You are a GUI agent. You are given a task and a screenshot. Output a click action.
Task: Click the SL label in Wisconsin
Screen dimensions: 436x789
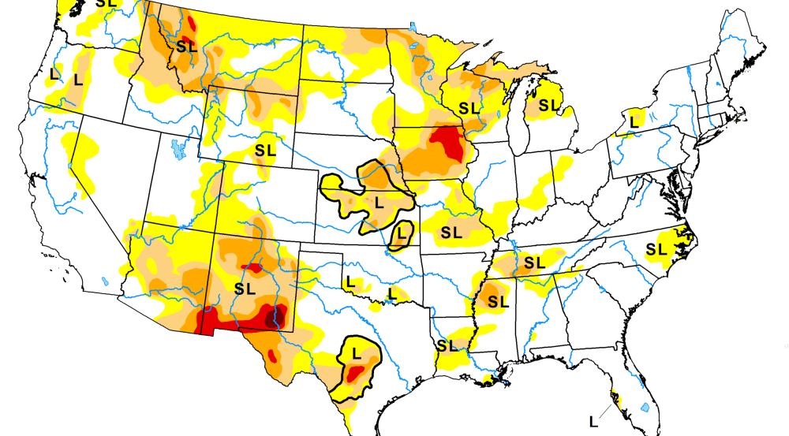tap(469, 108)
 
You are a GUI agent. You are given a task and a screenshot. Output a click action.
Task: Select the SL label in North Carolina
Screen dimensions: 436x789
tap(656, 250)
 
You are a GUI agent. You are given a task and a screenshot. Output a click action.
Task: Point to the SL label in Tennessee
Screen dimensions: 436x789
tap(534, 262)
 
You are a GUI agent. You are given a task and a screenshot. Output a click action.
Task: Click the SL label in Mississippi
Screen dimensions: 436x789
tap(497, 300)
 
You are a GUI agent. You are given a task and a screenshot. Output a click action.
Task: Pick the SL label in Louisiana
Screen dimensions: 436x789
tap(447, 345)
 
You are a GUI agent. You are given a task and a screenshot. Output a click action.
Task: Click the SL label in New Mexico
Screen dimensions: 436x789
tap(245, 289)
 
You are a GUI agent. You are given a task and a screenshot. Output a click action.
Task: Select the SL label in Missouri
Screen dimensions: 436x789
tap(451, 233)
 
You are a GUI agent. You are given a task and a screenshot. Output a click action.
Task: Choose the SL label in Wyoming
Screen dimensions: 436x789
tap(266, 150)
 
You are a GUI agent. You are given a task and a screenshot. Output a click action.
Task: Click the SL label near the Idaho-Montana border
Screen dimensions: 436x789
tap(187, 47)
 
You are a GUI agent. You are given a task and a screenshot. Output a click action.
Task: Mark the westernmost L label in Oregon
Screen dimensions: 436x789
tap(54, 73)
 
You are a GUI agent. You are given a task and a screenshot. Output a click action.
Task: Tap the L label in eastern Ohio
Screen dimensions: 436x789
tap(634, 121)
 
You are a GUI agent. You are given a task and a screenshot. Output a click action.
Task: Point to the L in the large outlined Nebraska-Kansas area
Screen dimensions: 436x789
tap(378, 202)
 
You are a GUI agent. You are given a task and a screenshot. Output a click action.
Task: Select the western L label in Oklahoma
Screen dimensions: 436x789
tap(350, 282)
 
